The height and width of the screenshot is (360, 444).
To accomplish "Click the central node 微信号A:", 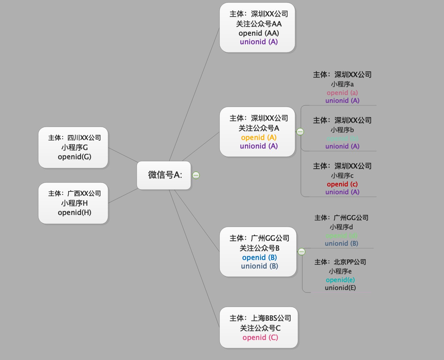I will (164, 175).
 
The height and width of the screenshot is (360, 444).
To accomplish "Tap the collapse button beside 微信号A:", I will (196, 175).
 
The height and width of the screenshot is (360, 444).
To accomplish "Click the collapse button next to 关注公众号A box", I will (300, 132).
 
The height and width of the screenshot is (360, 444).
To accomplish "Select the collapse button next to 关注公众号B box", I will (302, 252).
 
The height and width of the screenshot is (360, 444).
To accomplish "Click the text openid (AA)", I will (259, 33).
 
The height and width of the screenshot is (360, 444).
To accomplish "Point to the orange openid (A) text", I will (259, 137).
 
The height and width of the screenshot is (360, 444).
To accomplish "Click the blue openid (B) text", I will (259, 257).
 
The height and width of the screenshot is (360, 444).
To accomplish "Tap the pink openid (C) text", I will (260, 337).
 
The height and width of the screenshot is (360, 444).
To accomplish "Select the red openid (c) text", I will (342, 184).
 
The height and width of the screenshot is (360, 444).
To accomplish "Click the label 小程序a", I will (342, 84).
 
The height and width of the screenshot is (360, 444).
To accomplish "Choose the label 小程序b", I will (342, 130).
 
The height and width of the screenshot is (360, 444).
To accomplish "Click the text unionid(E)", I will (340, 288).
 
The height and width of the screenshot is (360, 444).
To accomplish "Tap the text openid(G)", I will (75, 157).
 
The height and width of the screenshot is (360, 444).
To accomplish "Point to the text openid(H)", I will (75, 212).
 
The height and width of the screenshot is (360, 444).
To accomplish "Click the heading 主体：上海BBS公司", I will (260, 318).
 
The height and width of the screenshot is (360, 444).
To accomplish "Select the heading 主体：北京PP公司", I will (340, 262).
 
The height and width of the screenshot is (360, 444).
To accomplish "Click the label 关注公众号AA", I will (259, 24).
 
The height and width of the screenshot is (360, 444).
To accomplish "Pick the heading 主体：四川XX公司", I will (75, 138).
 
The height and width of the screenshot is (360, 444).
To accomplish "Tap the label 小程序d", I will (341, 227).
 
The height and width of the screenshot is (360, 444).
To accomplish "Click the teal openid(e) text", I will (340, 280).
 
